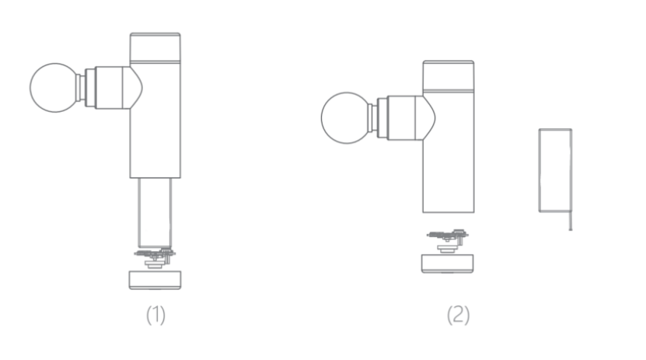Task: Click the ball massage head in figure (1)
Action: (54, 88)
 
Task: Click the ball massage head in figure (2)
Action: (346, 118)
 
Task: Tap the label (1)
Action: (155, 315)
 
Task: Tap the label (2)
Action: (458, 315)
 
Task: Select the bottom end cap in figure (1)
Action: (155, 280)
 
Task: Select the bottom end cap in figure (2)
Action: (448, 264)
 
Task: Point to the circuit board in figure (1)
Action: (155, 257)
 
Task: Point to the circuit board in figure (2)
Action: (448, 240)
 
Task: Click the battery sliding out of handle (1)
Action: (155, 212)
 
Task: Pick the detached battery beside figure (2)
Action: (555, 170)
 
